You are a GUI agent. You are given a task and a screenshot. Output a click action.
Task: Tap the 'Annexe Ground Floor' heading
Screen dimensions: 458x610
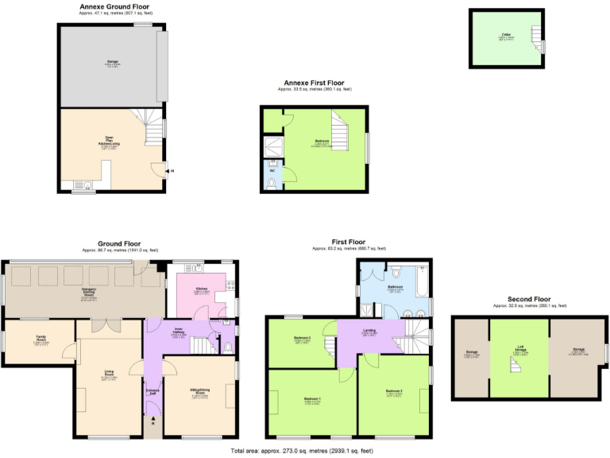pos(114,6)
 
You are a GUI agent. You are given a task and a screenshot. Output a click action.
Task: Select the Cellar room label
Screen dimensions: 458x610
pos(506,35)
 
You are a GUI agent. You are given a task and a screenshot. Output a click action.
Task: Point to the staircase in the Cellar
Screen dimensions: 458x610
pos(537,34)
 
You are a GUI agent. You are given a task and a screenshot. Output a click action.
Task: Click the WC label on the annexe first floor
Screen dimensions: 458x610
pos(272,170)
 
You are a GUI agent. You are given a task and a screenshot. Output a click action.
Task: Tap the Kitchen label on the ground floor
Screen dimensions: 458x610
pos(202,291)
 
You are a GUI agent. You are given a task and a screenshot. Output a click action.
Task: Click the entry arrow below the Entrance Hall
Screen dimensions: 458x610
pos(153,422)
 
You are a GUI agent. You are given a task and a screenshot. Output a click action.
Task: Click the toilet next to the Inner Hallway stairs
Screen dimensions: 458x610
pos(230,346)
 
